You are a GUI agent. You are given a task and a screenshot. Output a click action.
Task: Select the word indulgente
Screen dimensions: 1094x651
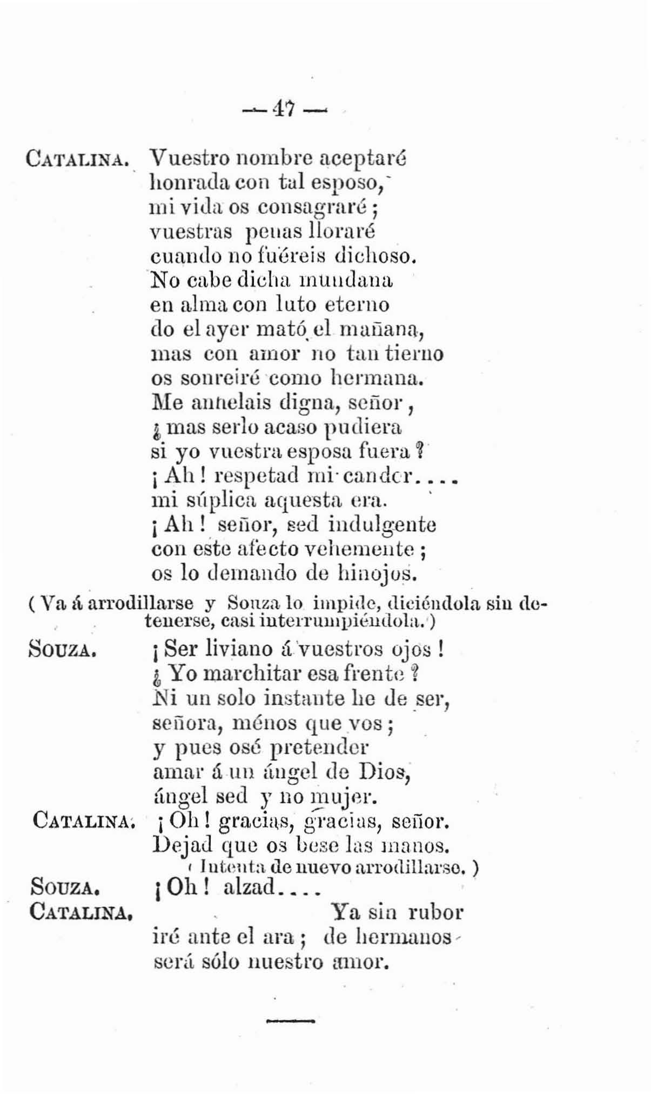382,525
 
